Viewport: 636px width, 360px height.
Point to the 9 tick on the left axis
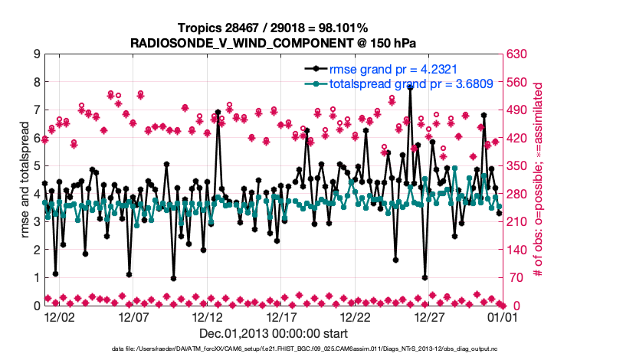[36, 54]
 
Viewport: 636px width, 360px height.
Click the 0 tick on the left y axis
[36, 306]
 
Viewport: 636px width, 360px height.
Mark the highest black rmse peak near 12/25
[411, 87]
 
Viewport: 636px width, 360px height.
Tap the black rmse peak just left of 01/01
[484, 115]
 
